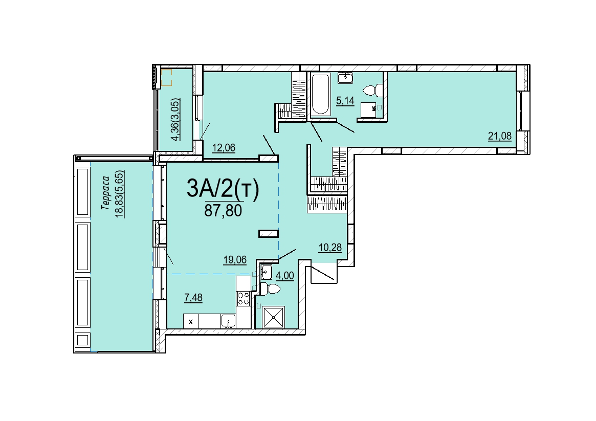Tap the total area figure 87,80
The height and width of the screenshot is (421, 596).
point(223,210)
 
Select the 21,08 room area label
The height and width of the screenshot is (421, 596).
point(499,136)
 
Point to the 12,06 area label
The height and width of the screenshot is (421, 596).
point(224,147)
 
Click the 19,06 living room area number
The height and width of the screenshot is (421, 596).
point(234,260)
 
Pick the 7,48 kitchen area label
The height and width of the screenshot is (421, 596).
point(193,298)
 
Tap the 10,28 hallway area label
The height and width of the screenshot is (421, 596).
point(330,248)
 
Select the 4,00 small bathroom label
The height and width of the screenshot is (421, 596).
point(284,276)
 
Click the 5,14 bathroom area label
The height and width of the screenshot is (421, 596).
point(345,101)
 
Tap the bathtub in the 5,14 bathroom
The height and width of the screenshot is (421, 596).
point(320,94)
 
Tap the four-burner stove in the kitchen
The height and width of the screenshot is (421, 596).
point(244,299)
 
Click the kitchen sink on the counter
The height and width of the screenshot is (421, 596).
point(229,321)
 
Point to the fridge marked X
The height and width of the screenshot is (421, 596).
point(191,321)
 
